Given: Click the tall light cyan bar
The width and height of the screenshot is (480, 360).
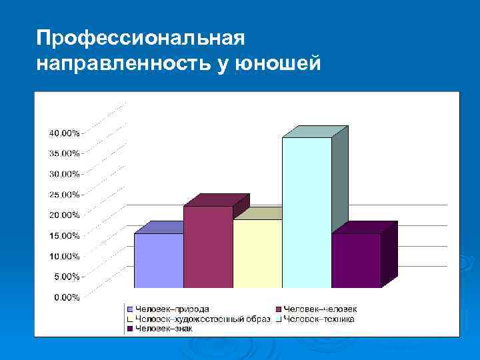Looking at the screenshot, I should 307,212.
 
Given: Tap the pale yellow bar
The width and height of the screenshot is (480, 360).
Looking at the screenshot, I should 257,253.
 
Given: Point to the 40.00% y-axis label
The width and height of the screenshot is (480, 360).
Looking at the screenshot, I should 63,133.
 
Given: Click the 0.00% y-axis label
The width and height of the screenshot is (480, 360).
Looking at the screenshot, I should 65,297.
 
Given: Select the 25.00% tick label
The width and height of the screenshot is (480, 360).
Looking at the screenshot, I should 63,195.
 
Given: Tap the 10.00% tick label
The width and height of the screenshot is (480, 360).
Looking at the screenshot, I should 63,256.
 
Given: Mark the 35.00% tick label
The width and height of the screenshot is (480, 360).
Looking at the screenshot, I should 63,153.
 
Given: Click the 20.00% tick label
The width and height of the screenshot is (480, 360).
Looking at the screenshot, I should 63,215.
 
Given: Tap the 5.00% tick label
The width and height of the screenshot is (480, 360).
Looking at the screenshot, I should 65,276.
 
